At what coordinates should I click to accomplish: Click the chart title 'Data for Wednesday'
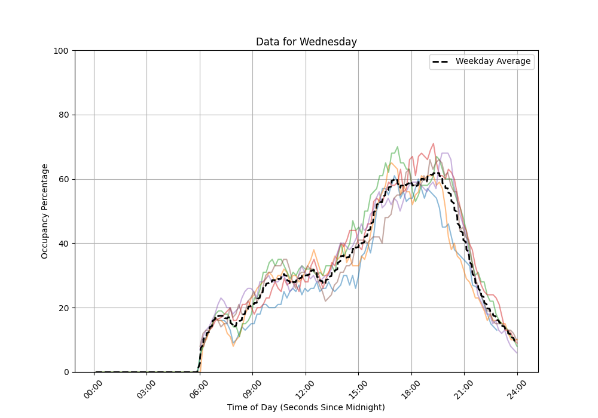(x=306, y=42)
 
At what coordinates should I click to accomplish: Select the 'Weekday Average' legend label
(x=493, y=62)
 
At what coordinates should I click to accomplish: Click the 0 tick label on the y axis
(x=66, y=372)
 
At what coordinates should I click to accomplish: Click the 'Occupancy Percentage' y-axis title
(x=45, y=211)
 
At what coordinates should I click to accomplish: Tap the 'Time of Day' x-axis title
(x=306, y=407)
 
